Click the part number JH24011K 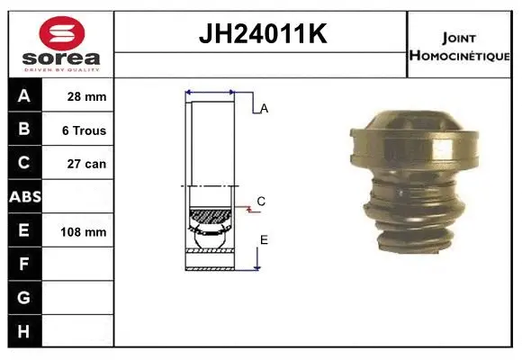(261, 35)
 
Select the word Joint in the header (460, 37)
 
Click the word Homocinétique (461, 55)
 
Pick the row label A (23, 96)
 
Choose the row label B (23, 130)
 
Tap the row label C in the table (23, 163)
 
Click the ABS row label (23, 196)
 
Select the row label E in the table (23, 230)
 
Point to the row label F (23, 264)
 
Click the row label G (23, 297)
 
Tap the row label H (23, 330)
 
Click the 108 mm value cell (83, 231)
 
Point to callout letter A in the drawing (264, 109)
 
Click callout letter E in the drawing (264, 239)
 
